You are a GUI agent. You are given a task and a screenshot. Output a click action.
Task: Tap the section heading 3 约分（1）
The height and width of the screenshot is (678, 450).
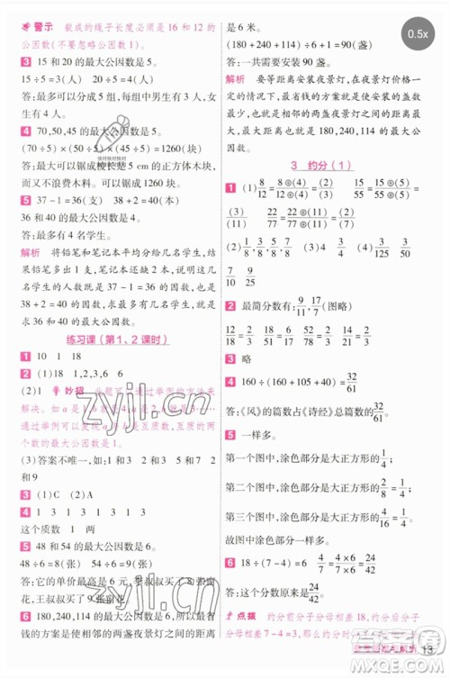[327, 167]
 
